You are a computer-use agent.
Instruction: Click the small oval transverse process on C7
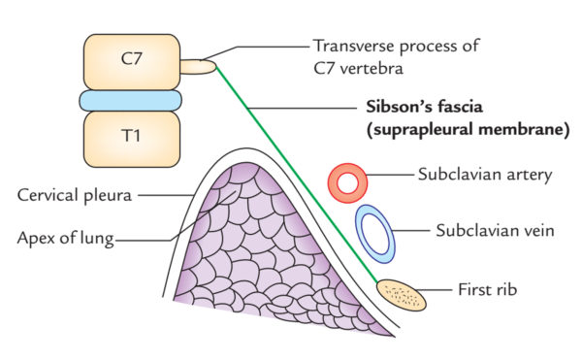pos(196,67)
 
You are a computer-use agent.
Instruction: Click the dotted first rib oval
pos(401,292)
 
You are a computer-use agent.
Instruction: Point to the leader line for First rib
pos(438,289)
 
